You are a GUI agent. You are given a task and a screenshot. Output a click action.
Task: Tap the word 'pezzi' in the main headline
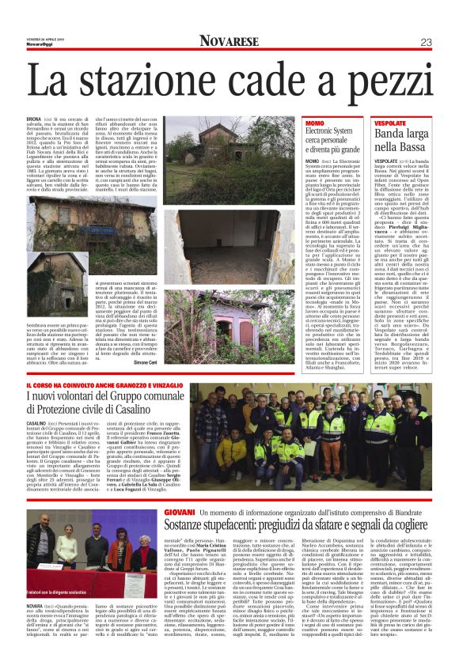pyautogui.click(x=398, y=81)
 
